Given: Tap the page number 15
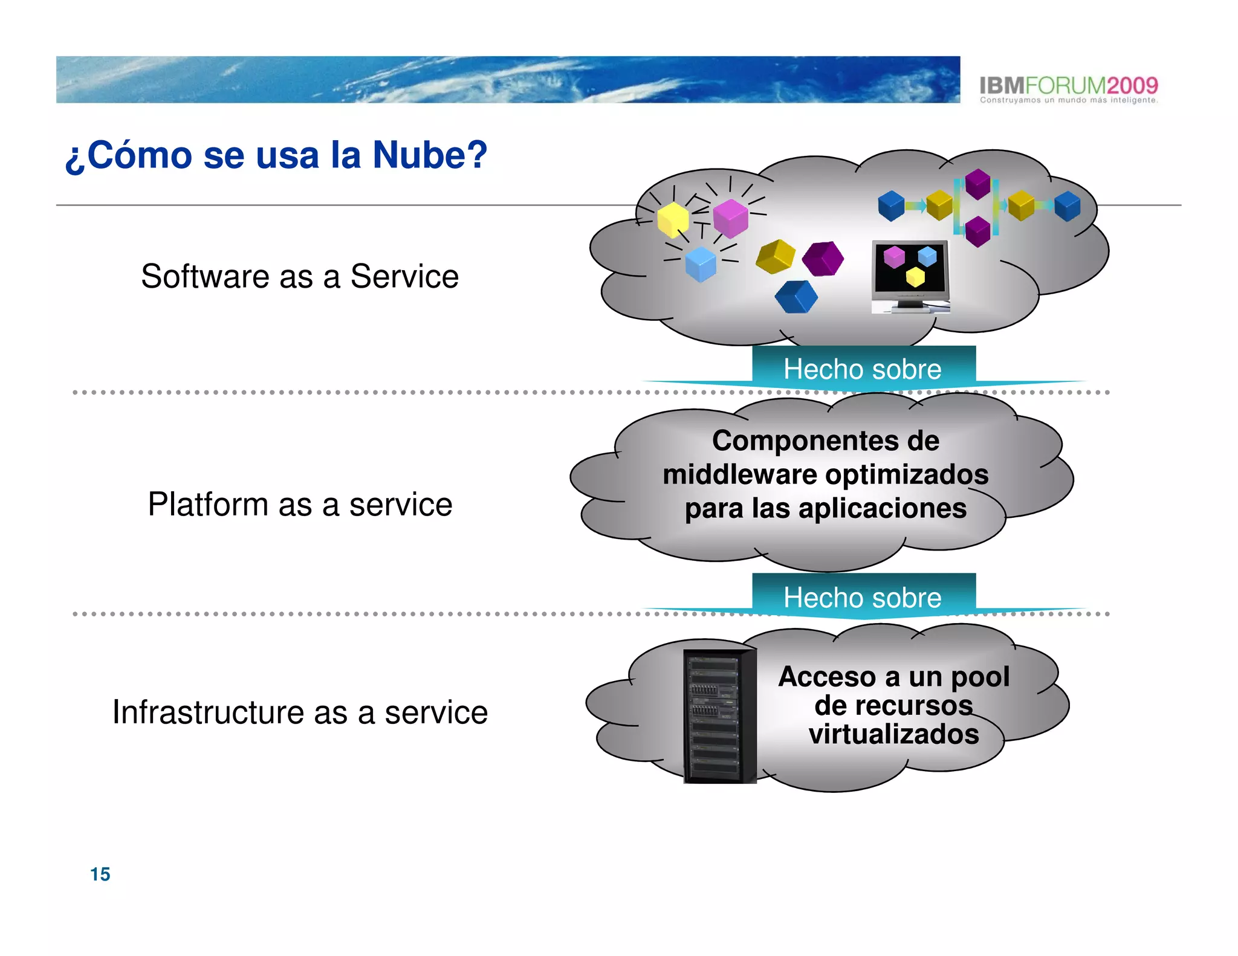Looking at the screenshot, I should [x=100, y=874].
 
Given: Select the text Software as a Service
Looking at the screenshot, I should [x=300, y=277].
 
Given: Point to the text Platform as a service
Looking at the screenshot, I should [x=300, y=505].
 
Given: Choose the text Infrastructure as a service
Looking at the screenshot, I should [x=300, y=712].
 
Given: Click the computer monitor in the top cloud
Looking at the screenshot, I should [x=910, y=274].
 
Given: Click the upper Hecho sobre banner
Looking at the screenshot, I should [x=863, y=369].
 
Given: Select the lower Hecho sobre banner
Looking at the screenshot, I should [x=863, y=597].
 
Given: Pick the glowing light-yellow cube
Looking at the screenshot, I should [x=672, y=219].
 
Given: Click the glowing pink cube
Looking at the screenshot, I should [x=730, y=218].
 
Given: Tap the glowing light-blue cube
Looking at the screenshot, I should [x=701, y=263].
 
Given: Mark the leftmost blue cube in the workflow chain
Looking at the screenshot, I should [x=891, y=205].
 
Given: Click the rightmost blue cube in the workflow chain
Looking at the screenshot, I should [x=1068, y=205].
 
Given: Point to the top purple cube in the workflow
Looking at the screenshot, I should [x=977, y=183].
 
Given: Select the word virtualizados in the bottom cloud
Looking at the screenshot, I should [x=893, y=734].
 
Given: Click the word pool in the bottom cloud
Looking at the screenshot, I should [x=980, y=677].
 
